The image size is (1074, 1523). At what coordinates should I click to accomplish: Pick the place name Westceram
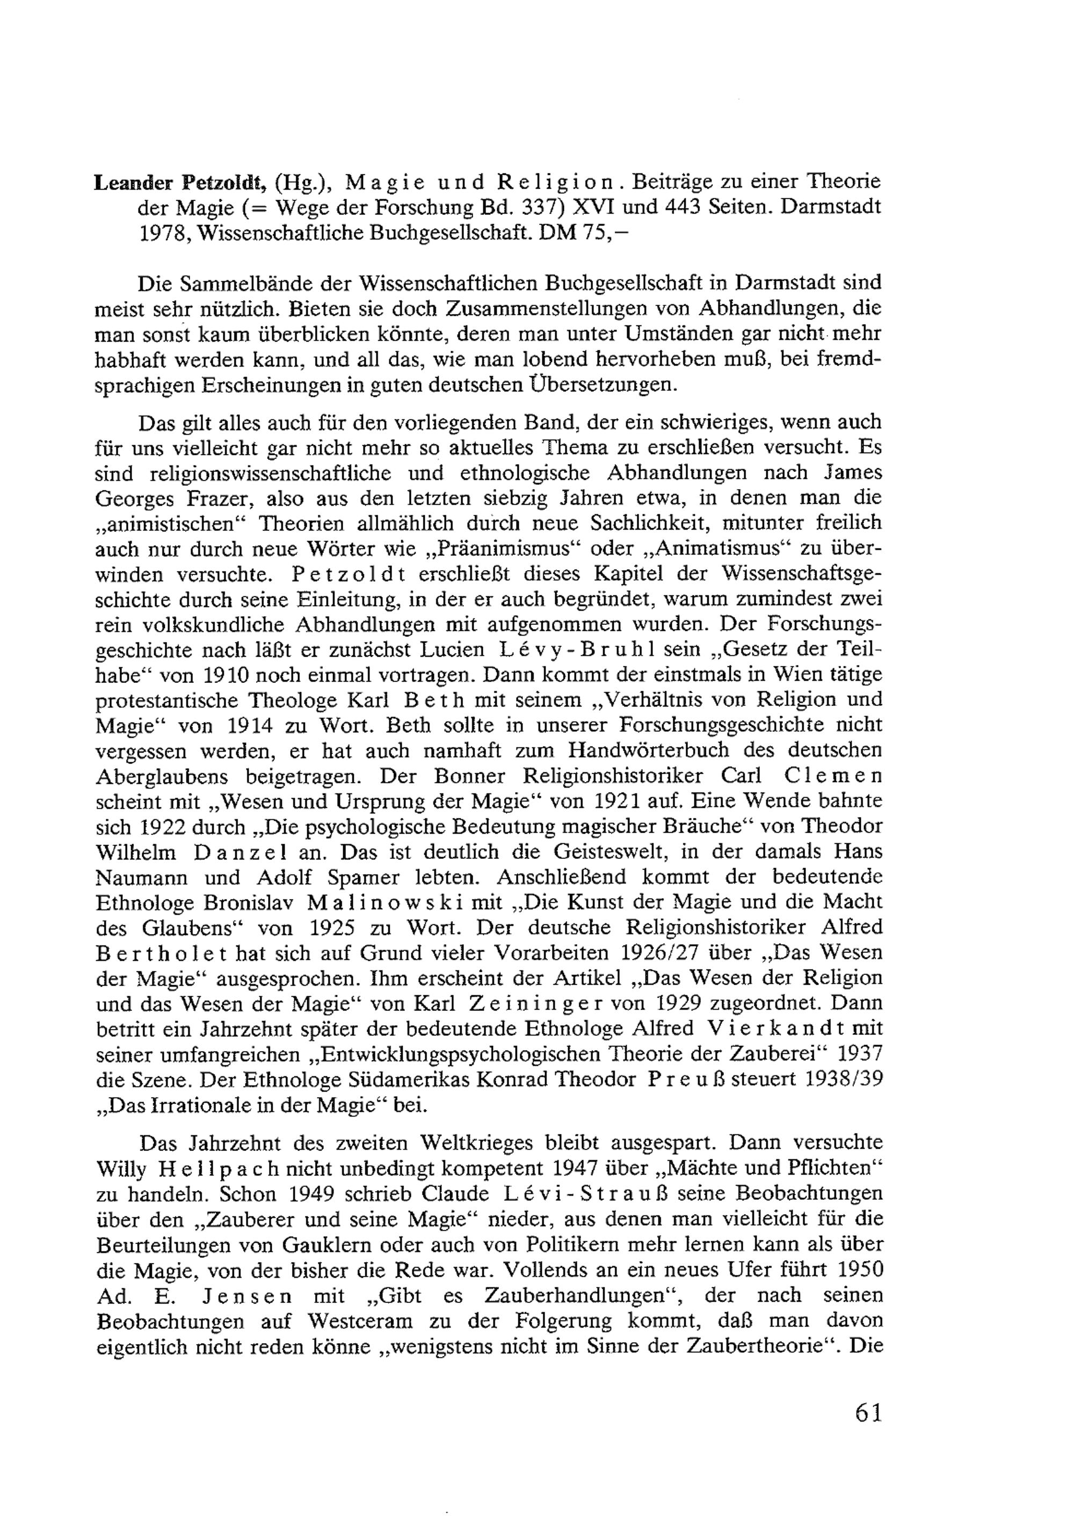362,1321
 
